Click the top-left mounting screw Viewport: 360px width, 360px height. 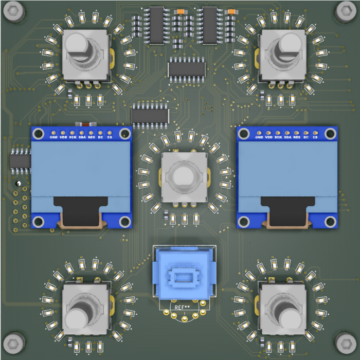pos(14,11)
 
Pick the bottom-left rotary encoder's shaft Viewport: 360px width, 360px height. pos(80,311)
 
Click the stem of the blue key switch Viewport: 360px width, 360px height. pos(184,278)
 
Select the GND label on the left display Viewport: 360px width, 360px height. pos(53,137)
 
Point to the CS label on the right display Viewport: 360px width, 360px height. pos(315,137)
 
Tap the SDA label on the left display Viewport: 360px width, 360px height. pos(82,137)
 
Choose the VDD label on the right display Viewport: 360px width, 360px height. pos(268,137)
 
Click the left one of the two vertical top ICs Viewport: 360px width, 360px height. pos(156,25)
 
